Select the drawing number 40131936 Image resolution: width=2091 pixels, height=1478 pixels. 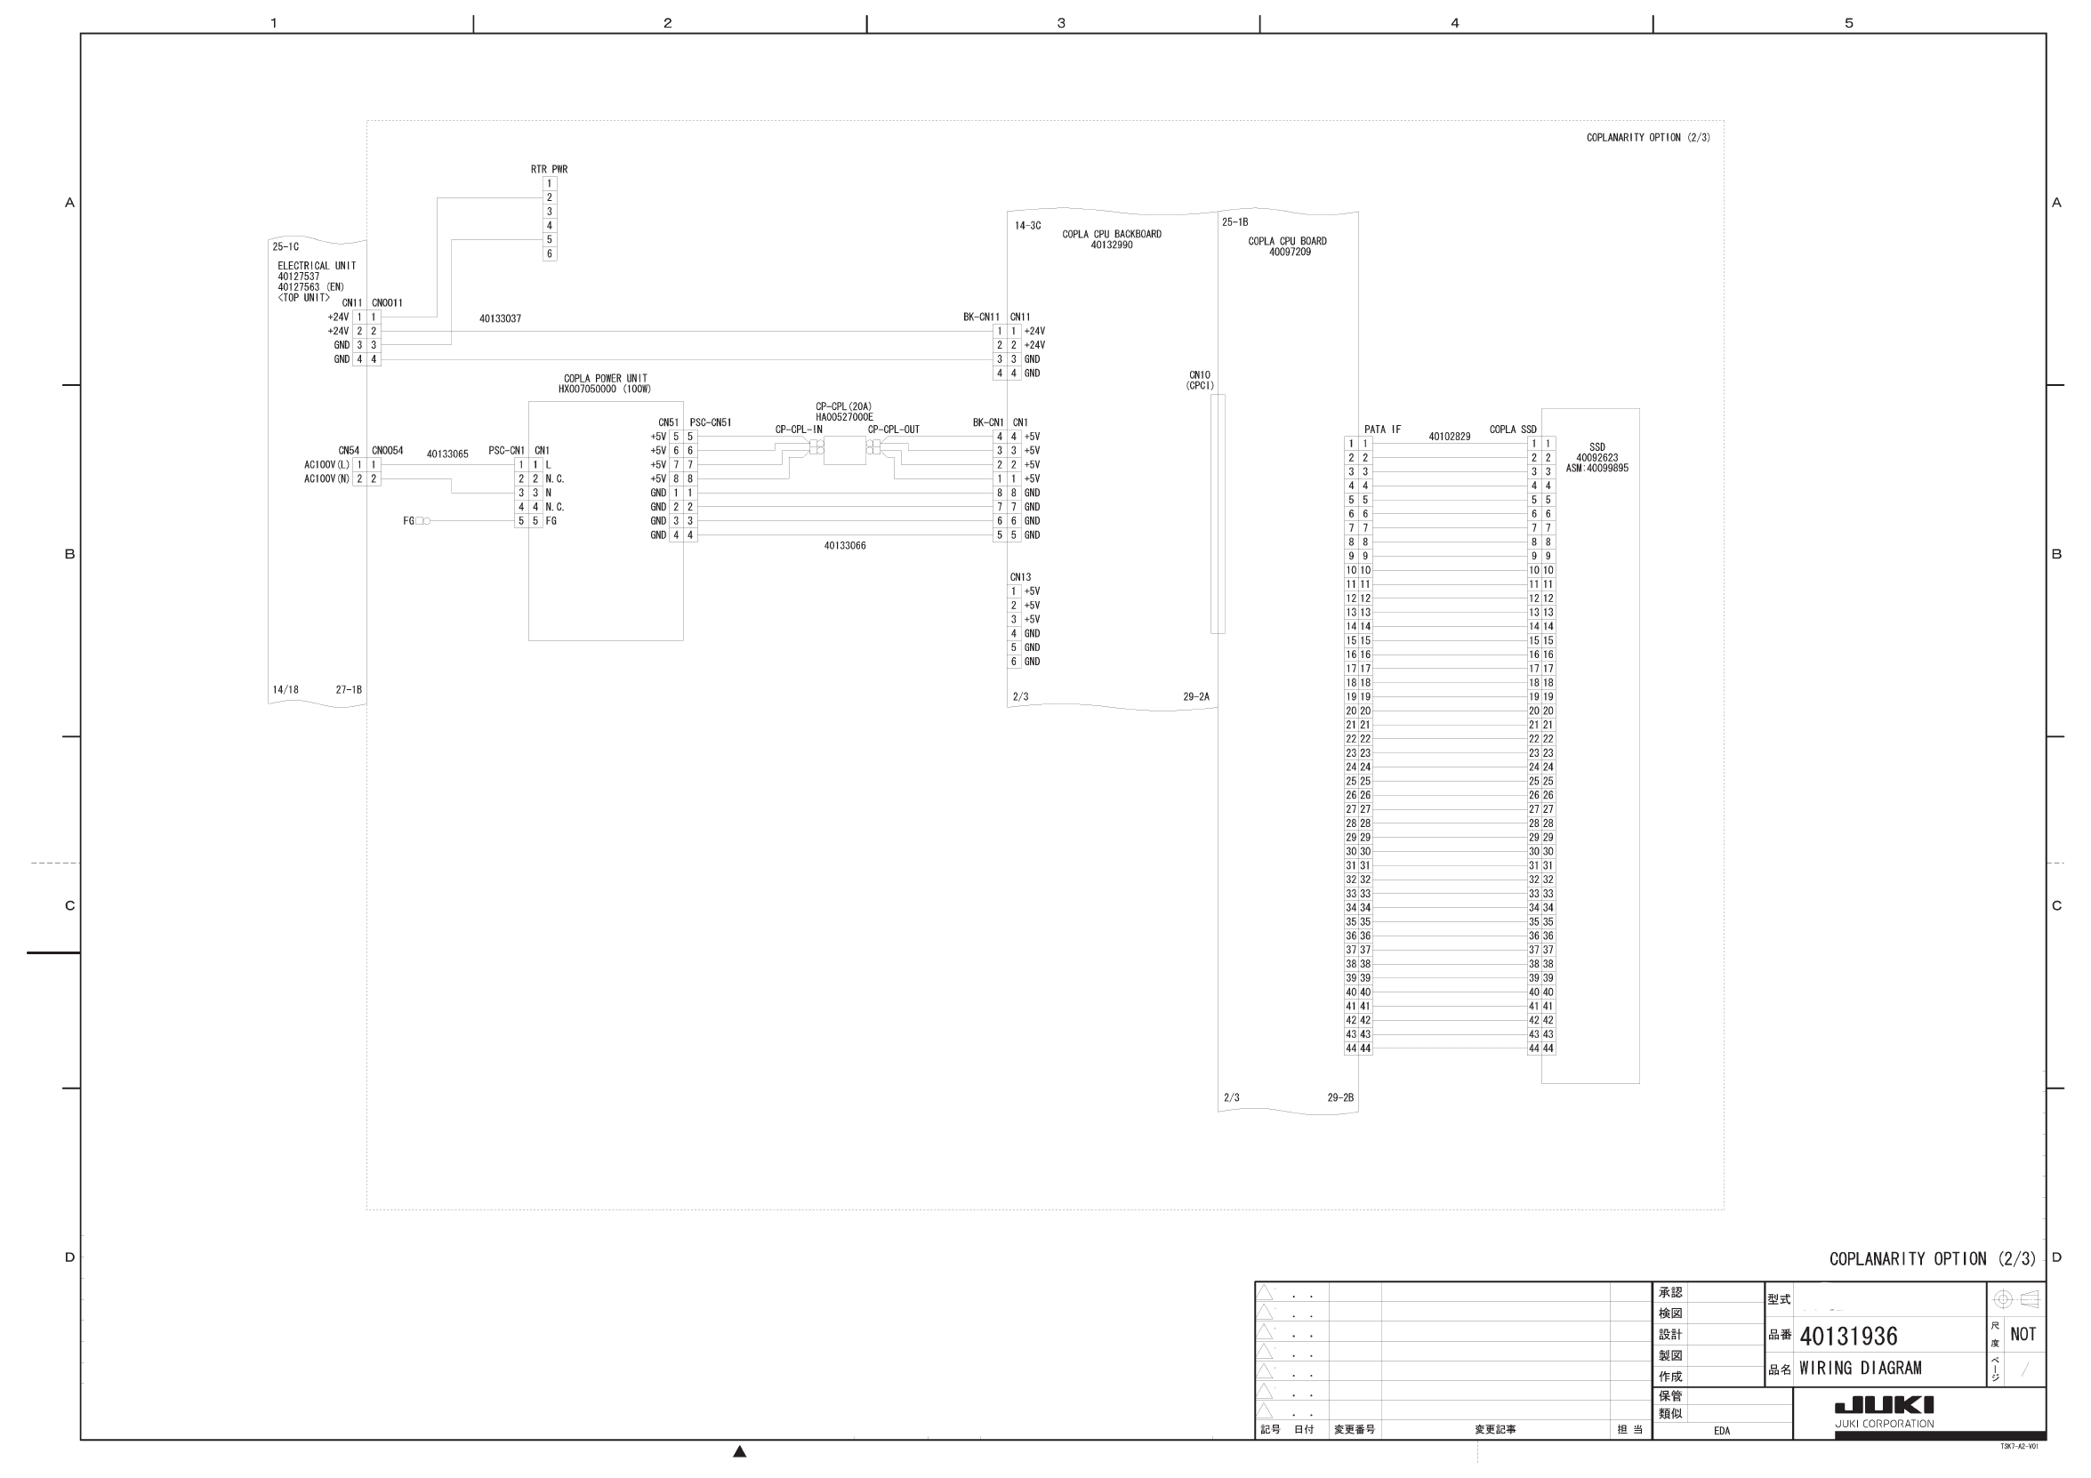[1848, 1336]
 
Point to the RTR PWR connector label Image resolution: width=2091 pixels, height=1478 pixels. [549, 169]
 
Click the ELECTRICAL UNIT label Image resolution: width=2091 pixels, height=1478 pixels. [316, 266]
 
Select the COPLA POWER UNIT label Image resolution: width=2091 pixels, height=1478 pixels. [605, 379]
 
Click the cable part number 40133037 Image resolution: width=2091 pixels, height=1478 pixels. [500, 318]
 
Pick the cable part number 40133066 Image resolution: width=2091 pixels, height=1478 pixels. [844, 545]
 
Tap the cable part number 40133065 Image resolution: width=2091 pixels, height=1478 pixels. [447, 454]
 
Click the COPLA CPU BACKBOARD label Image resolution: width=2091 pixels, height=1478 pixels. [1111, 234]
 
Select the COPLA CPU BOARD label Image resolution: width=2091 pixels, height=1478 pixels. [1287, 241]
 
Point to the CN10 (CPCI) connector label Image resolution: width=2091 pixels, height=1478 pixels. [1200, 380]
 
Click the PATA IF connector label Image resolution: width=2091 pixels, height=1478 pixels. [1381, 430]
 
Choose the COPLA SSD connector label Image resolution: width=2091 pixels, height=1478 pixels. [1512, 430]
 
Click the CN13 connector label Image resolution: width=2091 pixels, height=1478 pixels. [1020, 577]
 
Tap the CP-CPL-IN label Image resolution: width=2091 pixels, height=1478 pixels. [798, 430]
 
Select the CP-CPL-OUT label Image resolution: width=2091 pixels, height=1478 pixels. [892, 430]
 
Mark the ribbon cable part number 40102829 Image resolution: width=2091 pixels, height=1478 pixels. [1449, 438]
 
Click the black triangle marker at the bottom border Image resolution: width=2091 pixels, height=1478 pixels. [739, 1451]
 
